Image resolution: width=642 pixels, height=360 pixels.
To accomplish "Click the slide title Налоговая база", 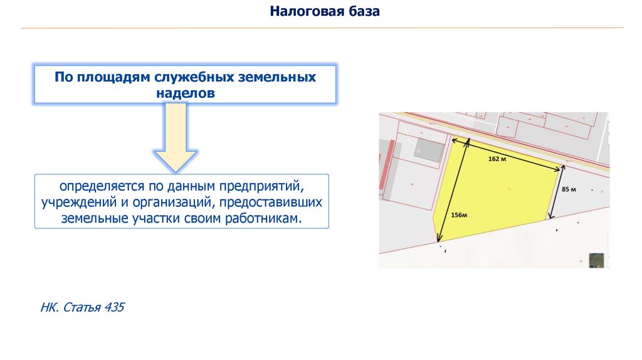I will [x=325, y=11].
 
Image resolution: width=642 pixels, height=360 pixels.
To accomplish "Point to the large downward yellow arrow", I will [x=176, y=138].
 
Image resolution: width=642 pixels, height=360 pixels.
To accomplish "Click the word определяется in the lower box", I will [x=102, y=187].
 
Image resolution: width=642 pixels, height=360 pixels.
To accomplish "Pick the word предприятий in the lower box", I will [x=260, y=187].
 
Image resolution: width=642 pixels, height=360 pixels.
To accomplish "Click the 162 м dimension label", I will [x=497, y=159].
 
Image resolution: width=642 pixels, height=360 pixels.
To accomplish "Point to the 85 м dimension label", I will [x=569, y=189].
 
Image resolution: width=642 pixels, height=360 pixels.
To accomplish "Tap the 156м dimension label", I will [x=460, y=215].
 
